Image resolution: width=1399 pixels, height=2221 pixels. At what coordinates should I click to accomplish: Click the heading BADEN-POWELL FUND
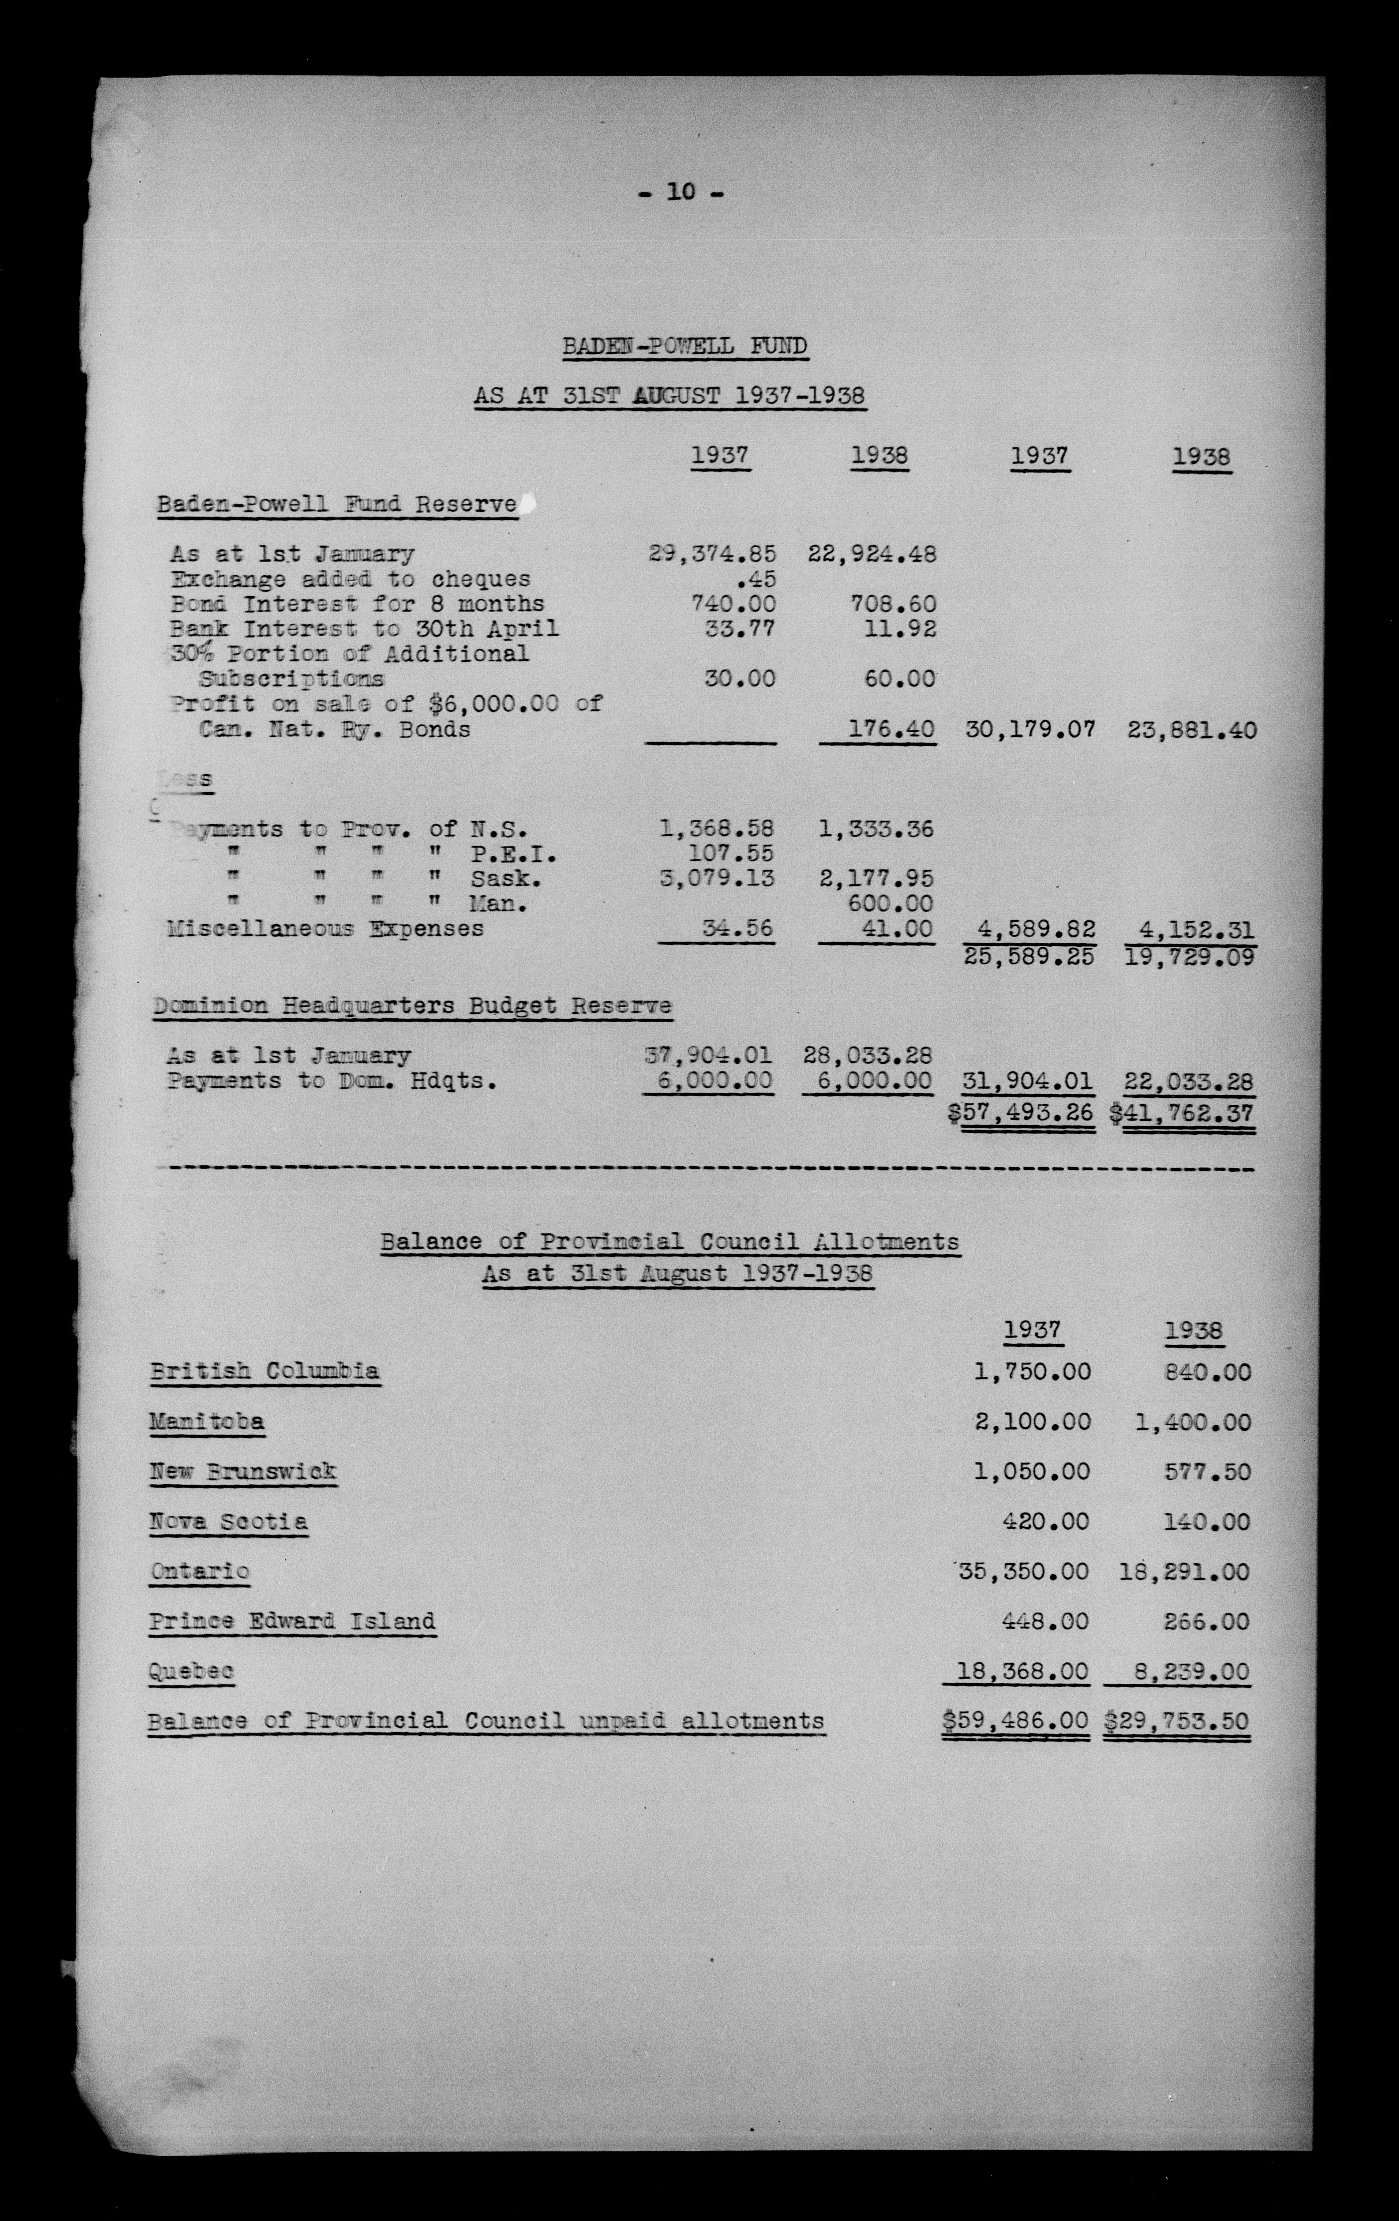tap(685, 347)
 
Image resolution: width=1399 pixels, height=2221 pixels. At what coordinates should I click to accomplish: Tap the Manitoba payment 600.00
tap(890, 904)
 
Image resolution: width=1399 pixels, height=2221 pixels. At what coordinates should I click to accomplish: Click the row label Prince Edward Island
tap(292, 1620)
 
